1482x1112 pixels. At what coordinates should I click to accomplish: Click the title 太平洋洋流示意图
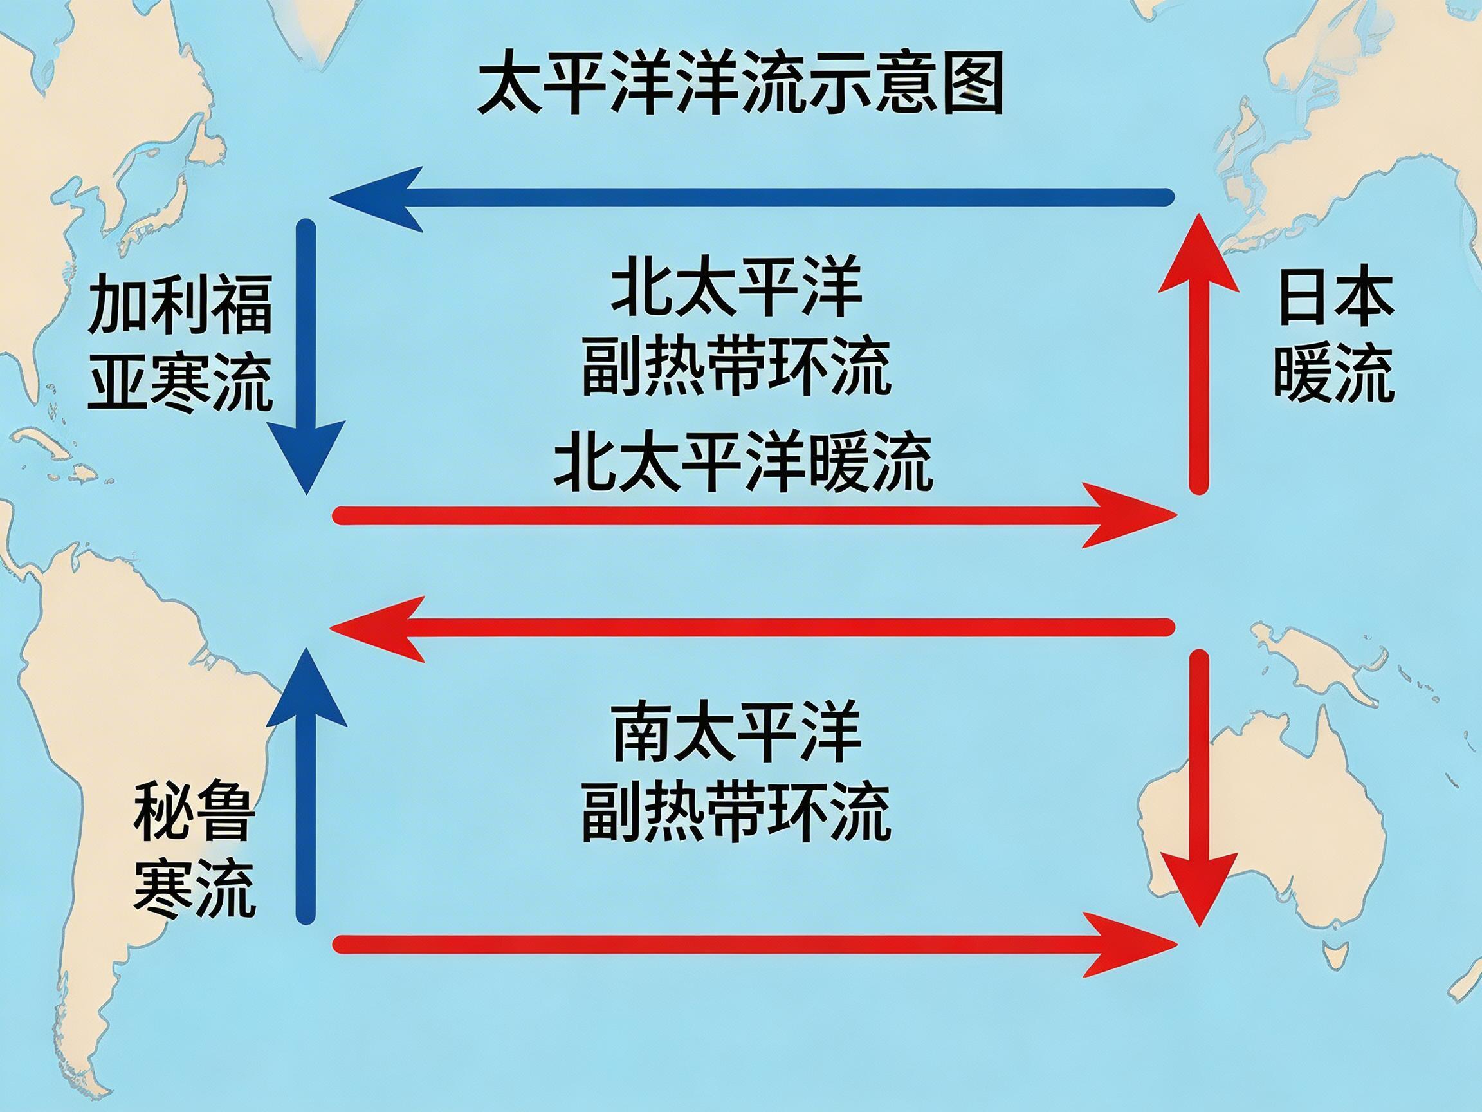pos(740,86)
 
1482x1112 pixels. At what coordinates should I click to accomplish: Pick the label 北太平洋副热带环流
pos(736,328)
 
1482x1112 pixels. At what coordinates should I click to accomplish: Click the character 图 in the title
pos(973,86)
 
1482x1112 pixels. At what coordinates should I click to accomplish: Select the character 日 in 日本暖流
pos(1301,299)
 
